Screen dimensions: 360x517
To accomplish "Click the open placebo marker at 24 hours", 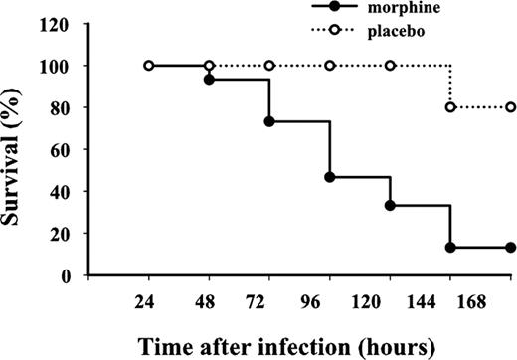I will point(148,66).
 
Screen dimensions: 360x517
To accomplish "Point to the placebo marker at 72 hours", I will point(269,66).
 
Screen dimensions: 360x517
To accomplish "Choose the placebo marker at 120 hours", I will point(391,66).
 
